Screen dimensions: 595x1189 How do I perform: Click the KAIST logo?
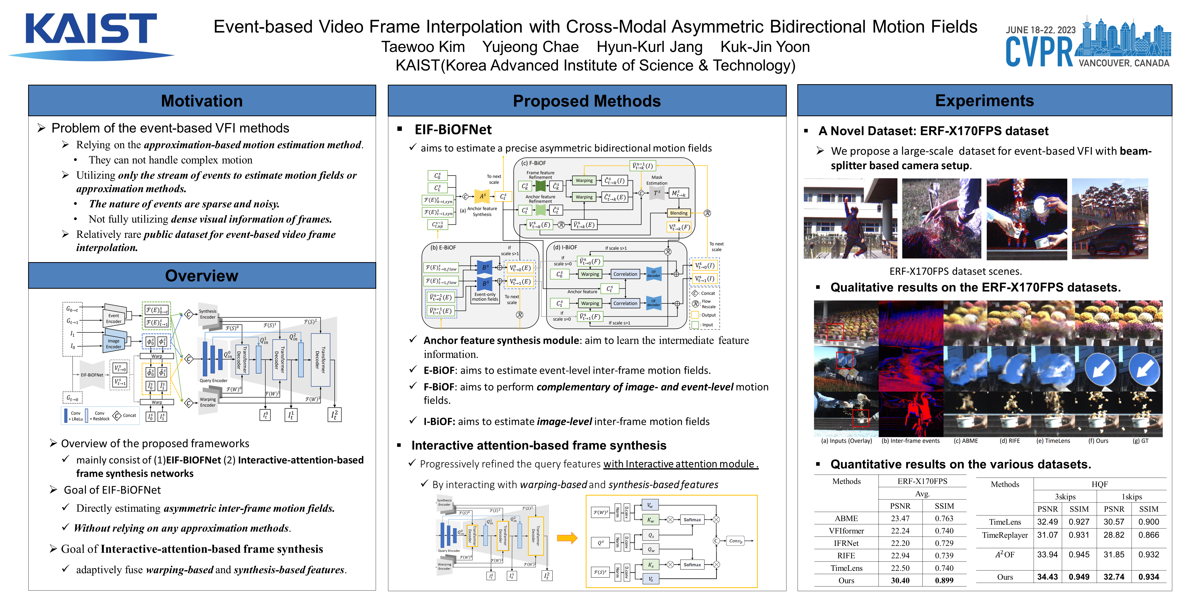pyautogui.click(x=91, y=36)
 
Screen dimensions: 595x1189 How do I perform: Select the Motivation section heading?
pyautogui.click(x=202, y=101)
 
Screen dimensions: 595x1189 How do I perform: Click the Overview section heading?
pyautogui.click(x=202, y=276)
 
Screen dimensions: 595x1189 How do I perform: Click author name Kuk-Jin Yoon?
pyautogui.click(x=765, y=47)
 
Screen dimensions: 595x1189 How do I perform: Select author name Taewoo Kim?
pyautogui.click(x=423, y=47)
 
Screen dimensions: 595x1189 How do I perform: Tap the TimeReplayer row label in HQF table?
pyautogui.click(x=1005, y=535)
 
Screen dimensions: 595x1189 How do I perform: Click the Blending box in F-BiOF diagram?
pyautogui.click(x=679, y=213)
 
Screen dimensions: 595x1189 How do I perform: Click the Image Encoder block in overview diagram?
pyautogui.click(x=114, y=343)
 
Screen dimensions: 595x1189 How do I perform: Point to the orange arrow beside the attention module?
pyautogui.click(x=567, y=538)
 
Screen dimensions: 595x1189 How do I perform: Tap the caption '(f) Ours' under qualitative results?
pyautogui.click(x=1098, y=441)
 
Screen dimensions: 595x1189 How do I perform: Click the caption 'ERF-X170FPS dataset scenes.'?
pyautogui.click(x=955, y=271)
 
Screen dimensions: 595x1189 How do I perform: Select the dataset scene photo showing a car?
pyautogui.click(x=1110, y=218)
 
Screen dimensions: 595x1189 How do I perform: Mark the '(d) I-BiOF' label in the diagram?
pyautogui.click(x=565, y=248)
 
